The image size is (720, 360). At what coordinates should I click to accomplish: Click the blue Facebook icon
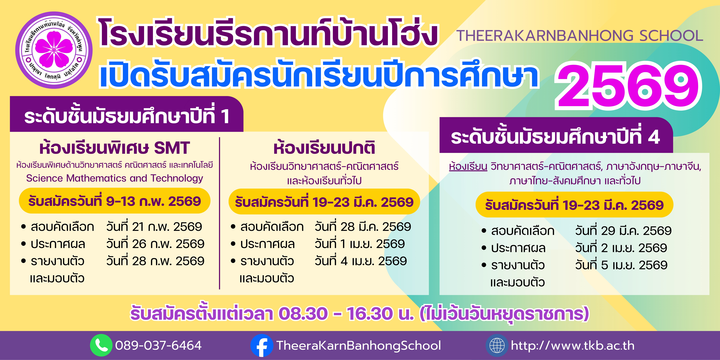pos(262,345)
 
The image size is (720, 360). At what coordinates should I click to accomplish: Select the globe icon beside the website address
pos(497,345)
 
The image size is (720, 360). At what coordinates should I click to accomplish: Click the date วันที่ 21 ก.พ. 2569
pos(154,227)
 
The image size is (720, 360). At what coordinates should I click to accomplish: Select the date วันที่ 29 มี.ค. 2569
pos(623,231)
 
